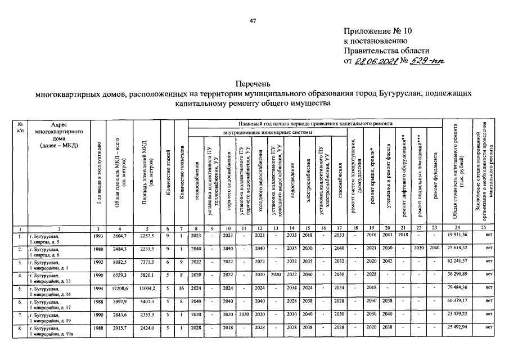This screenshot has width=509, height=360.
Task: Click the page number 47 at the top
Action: [x=253, y=21]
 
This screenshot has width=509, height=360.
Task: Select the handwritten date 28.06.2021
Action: [x=375, y=61]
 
